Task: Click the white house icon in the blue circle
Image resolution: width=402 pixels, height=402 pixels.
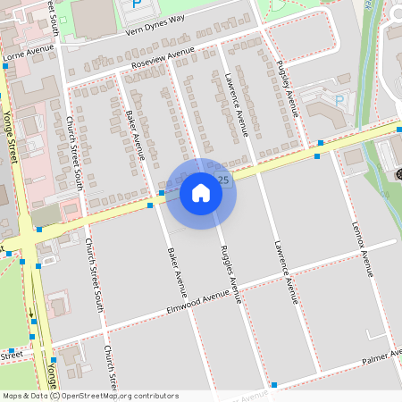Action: coord(201,192)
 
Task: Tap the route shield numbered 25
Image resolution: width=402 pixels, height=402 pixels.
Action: coord(223,180)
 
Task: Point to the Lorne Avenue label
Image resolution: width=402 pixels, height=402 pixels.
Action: coord(24,54)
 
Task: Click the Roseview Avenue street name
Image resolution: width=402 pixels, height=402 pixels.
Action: coord(162,62)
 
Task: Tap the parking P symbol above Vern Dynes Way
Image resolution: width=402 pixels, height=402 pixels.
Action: coord(136,4)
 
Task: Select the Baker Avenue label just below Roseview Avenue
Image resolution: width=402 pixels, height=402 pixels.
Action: coord(137,135)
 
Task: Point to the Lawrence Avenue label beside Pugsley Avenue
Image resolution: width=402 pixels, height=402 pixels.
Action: coord(237,104)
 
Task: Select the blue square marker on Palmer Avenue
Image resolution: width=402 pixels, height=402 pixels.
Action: coord(274,384)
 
